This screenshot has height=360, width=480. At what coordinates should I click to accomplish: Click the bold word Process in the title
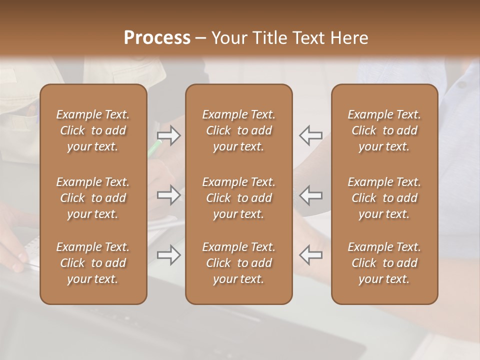[x=157, y=38]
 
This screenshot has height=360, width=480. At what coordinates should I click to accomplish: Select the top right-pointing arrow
[x=169, y=135]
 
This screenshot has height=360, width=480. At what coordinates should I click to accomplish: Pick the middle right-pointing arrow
[x=169, y=195]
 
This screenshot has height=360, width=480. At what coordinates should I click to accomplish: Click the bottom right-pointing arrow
[x=169, y=255]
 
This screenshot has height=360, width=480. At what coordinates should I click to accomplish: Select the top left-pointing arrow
[x=310, y=135]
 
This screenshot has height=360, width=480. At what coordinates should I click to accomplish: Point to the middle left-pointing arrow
[x=310, y=195]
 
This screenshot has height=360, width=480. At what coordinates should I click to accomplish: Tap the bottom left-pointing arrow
[x=310, y=255]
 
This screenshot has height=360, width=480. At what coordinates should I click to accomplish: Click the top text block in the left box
[x=93, y=130]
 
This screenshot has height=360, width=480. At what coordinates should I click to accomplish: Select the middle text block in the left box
[x=93, y=198]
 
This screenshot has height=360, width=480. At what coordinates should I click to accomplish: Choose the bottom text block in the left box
[x=93, y=263]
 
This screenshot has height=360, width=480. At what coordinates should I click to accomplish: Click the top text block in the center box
[x=238, y=130]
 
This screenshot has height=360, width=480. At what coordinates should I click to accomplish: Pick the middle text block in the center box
[x=238, y=198]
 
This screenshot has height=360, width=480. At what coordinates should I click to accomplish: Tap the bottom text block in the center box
[x=238, y=263]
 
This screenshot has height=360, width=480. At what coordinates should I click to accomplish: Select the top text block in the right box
[x=384, y=130]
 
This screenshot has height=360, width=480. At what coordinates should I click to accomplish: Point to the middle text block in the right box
[x=384, y=198]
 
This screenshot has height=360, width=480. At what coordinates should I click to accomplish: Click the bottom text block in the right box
[x=384, y=263]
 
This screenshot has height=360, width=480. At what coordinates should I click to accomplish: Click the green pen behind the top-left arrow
[x=153, y=149]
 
